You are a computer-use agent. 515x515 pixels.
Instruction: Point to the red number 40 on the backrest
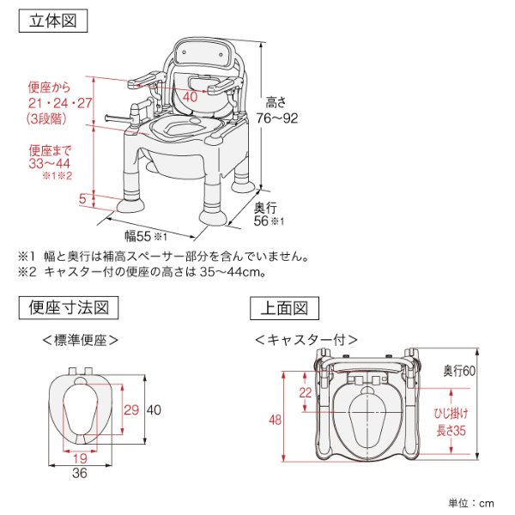coord(190,97)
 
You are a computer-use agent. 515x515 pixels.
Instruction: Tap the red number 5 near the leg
coord(82,199)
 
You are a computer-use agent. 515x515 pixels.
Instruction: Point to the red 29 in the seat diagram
coord(130,410)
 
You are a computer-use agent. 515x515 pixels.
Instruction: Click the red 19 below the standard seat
coord(79,457)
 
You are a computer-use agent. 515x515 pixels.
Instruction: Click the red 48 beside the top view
coord(275,420)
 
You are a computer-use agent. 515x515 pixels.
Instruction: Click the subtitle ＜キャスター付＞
coord(306,338)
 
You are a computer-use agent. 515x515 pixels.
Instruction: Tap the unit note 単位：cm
coord(471,502)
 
